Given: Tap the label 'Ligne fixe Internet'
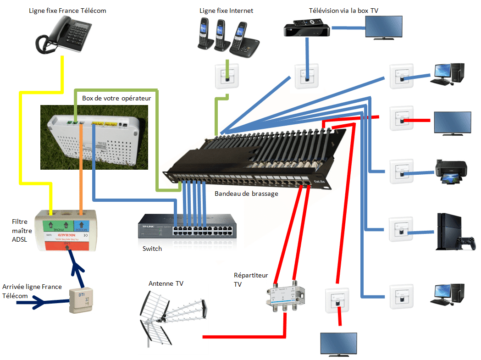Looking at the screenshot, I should click(226, 11).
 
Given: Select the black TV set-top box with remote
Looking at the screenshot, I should click(306, 28).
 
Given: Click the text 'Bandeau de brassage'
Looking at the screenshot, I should click(246, 194).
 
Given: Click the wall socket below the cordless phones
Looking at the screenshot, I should click(226, 76).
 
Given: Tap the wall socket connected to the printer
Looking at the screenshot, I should click(401, 171).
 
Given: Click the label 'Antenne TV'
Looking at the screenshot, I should click(166, 284).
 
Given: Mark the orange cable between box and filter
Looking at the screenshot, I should click(81, 165).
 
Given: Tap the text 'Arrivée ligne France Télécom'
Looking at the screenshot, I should click(32, 291).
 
